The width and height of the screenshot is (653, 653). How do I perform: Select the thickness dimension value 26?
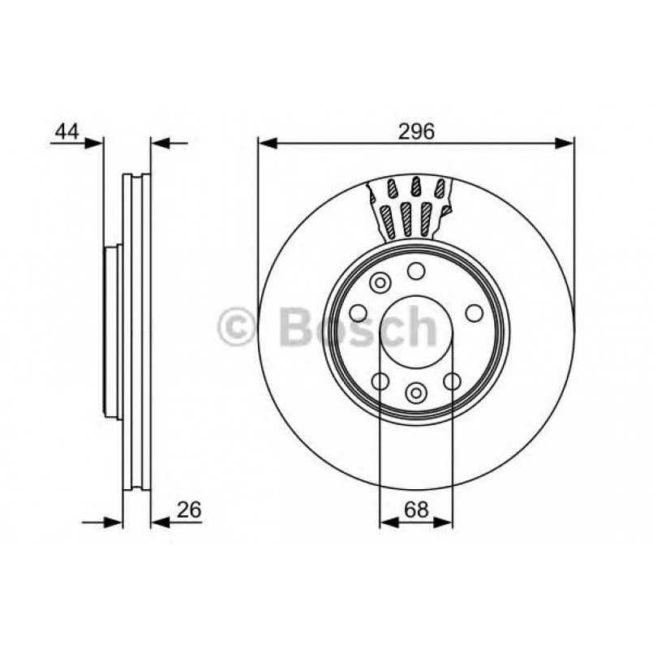click(189, 510)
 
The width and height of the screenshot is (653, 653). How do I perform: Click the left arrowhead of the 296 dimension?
click(269, 144)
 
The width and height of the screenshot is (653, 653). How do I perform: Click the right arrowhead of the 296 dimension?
click(564, 144)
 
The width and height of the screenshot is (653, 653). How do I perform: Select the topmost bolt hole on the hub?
click(416, 271)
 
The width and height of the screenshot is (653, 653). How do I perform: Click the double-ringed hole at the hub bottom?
click(416, 393)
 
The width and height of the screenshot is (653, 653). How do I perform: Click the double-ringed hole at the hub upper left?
click(379, 283)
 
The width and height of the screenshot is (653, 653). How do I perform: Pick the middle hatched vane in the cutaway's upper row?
click(416, 188)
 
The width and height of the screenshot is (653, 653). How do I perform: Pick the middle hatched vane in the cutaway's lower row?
click(409, 217)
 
